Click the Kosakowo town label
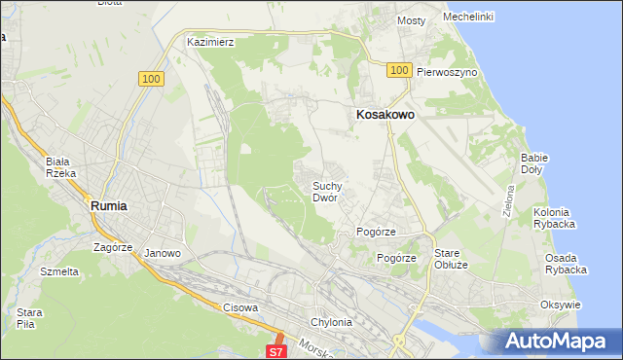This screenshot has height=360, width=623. [383, 114]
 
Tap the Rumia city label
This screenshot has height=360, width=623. [109, 205]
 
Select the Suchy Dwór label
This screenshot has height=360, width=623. [325, 191]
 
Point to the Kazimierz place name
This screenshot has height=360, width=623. [211, 42]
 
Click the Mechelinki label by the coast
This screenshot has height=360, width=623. [468, 17]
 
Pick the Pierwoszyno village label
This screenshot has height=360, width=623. [446, 72]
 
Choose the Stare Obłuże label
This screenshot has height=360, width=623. [451, 258]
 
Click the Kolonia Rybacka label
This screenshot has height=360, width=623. [555, 218]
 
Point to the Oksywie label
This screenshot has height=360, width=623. [560, 305]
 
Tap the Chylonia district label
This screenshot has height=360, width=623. [331, 322]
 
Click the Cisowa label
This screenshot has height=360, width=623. [240, 307]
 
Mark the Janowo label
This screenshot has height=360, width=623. [163, 253]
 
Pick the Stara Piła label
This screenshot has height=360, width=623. [28, 317]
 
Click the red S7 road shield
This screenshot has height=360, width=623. [276, 350]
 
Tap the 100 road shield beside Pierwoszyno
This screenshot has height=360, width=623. [397, 70]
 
